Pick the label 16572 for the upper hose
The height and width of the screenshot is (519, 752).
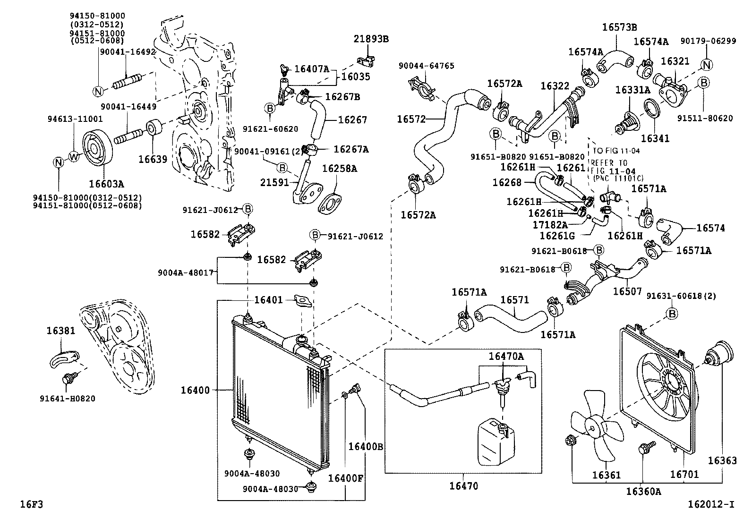coord(411,119)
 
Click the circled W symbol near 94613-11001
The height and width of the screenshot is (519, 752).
coord(74,156)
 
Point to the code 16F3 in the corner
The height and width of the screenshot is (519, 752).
coord(32,504)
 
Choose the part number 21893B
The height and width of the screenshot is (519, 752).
coord(371,39)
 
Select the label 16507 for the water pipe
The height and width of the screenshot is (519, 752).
coord(627,292)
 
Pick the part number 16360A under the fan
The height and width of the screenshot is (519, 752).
coord(644,492)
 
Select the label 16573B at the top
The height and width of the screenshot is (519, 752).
coord(619,27)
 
